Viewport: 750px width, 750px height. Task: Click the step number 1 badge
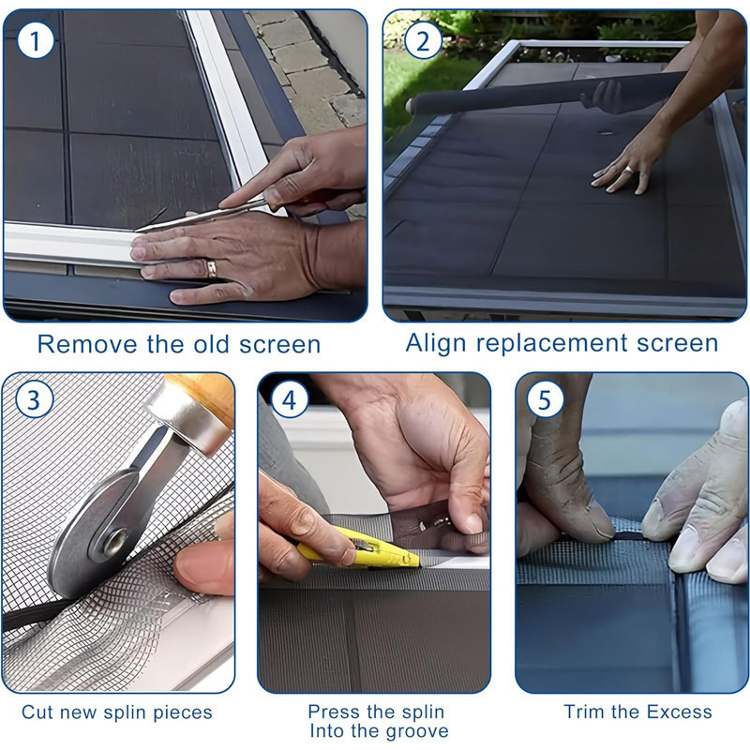35,41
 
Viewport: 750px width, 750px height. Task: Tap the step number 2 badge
423,41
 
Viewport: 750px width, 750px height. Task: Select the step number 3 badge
34,399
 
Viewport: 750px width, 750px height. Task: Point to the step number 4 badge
289,399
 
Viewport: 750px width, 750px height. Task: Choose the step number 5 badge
545,399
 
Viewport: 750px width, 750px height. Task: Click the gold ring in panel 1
212,268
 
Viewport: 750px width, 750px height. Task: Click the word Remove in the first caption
87,344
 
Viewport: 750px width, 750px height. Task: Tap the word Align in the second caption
435,343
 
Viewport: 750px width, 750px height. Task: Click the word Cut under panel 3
37,712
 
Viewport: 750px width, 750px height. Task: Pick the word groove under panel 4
417,732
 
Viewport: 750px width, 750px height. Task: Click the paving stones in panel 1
311,62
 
